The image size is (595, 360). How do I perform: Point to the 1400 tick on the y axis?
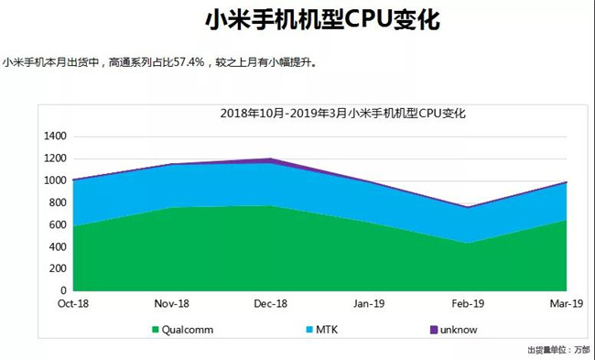click(56, 136)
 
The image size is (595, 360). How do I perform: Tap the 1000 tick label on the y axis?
click(56, 180)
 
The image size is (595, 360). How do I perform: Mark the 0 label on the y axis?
click(64, 290)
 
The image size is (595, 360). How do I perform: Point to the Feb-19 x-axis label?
click(469, 303)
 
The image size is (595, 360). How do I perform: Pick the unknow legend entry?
click(460, 329)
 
